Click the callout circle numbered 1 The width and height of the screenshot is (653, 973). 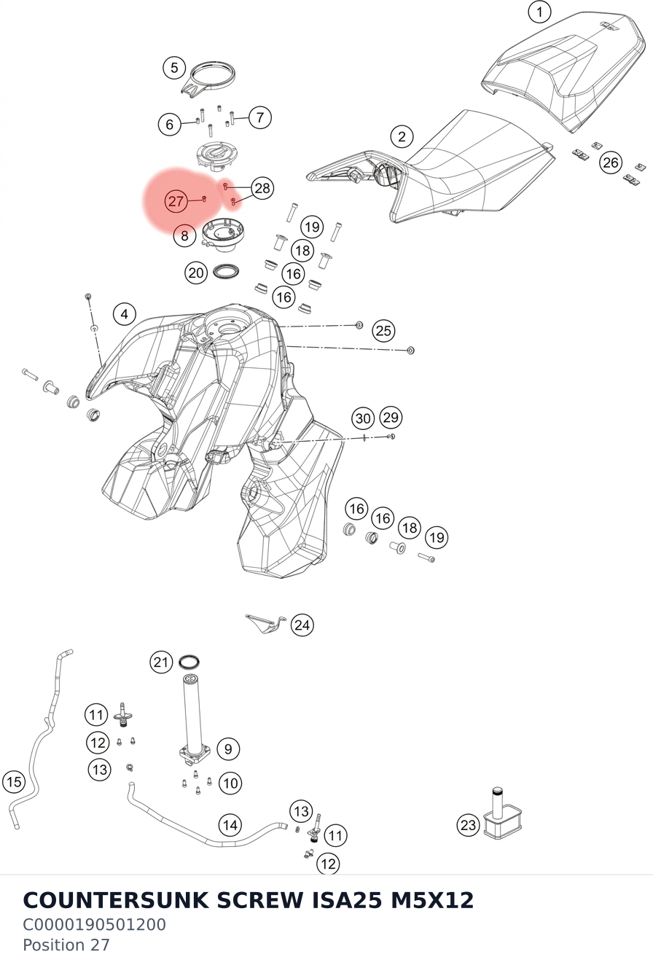tap(539, 12)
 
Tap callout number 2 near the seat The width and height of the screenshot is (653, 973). tap(402, 137)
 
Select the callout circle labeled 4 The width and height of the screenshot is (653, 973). tap(124, 313)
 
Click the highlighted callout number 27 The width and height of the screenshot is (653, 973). tap(176, 201)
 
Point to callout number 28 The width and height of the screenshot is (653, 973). tap(262, 188)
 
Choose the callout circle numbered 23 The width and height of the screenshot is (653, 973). tap(469, 825)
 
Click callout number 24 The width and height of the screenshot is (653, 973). tap(302, 625)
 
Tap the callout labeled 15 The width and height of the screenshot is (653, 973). tap(14, 782)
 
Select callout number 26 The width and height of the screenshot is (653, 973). tap(611, 163)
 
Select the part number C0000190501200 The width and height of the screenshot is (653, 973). tap(94, 925)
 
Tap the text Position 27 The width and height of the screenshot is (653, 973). tap(66, 945)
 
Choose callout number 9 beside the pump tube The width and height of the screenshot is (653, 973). tap(227, 749)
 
